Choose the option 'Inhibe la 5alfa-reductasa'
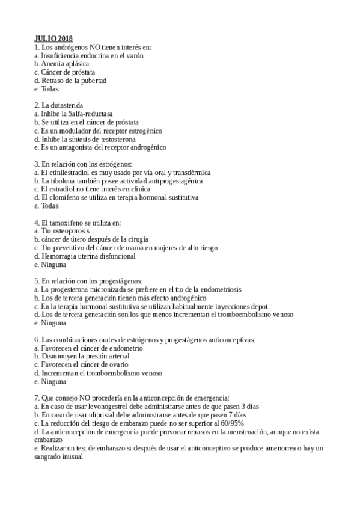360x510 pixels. [76, 114]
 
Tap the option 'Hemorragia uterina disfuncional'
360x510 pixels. [88, 256]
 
